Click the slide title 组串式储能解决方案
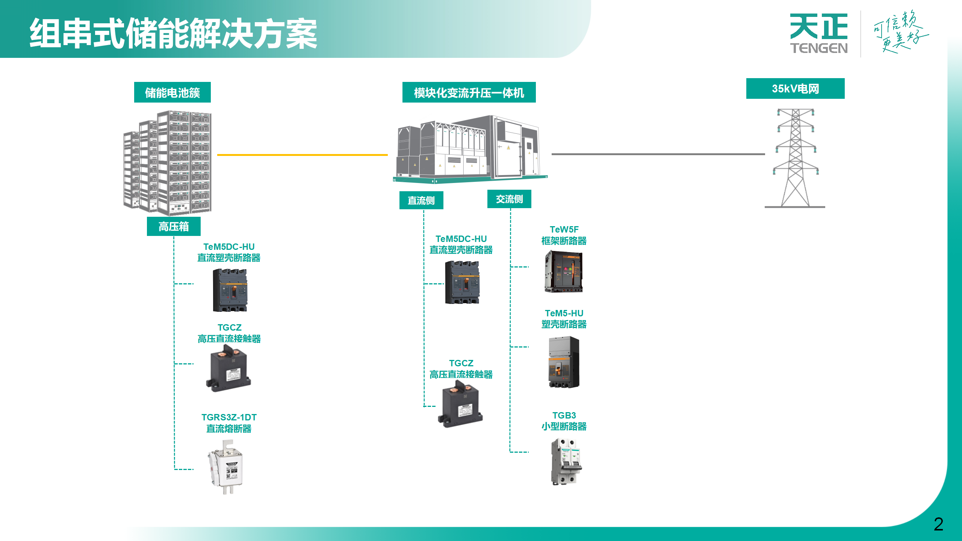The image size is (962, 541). tap(173, 34)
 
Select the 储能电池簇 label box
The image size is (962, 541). tap(172, 92)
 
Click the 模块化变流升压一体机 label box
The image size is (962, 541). tap(469, 92)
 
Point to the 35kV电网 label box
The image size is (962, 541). tap(795, 89)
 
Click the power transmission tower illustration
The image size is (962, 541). tap(795, 158)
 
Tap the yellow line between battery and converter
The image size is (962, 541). tap(302, 155)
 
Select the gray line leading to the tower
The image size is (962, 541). tap(658, 154)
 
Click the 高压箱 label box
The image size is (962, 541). tap(174, 227)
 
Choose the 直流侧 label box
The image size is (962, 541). tap(421, 200)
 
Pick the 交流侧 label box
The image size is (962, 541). tap(509, 199)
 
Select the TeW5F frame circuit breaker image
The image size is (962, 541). tap(563, 271)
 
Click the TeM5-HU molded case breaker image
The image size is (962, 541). tap(564, 362)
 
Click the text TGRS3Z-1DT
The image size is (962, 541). tap(229, 417)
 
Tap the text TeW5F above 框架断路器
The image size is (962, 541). tap(564, 230)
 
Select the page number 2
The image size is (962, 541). tap(938, 524)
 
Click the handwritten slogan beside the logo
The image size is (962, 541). tap(900, 32)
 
